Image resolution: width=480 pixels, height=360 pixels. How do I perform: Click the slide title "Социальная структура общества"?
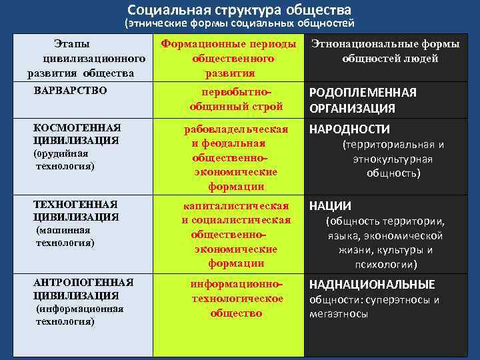coord(239,10)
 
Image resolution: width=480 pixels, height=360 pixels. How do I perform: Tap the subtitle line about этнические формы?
coord(239,23)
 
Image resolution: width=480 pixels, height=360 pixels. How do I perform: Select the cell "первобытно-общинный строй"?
coord(236,99)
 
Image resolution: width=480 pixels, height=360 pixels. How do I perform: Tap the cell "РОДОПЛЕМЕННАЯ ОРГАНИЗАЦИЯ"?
coord(363,100)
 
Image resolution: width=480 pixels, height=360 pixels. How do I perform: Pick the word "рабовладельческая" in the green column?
coord(236,129)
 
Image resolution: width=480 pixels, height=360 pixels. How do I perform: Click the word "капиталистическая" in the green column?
coord(236,205)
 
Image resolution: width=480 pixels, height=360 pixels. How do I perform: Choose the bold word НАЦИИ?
coord(330,206)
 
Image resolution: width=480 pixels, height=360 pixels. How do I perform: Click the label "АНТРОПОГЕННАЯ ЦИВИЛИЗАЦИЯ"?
coord(83,289)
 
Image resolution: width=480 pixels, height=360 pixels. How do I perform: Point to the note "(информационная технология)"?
coord(78,315)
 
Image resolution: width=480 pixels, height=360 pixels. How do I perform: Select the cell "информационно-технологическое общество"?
coord(236,298)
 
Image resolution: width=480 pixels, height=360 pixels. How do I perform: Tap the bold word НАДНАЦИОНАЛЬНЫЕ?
coord(371,284)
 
